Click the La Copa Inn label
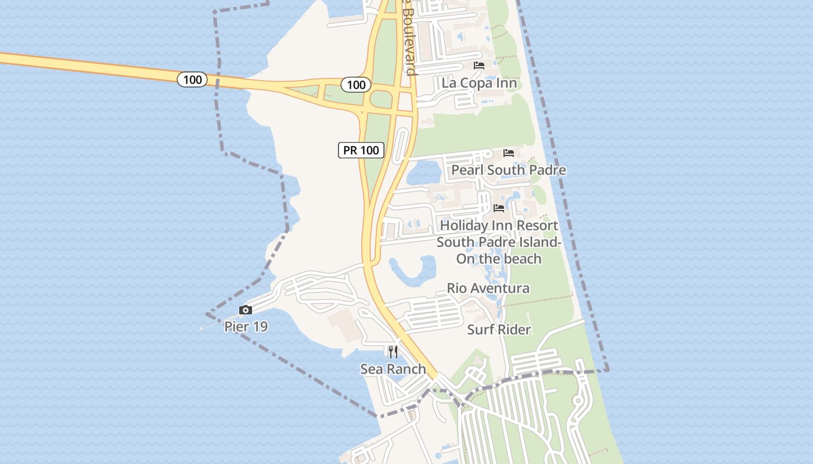[x=479, y=82]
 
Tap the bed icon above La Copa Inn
[x=479, y=65]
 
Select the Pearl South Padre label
[x=509, y=170]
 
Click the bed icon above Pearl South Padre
[x=509, y=153]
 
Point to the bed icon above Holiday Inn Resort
[x=499, y=208]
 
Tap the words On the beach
[x=499, y=259]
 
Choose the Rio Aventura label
[x=488, y=288]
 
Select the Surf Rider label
[x=499, y=329]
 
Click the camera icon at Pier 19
[x=246, y=310]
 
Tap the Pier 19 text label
[x=246, y=327]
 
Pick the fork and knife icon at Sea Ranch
[x=393, y=351]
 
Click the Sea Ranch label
[x=393, y=369]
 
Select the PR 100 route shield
[x=361, y=150]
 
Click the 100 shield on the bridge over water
[x=192, y=79]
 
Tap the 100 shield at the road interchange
[x=356, y=85]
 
